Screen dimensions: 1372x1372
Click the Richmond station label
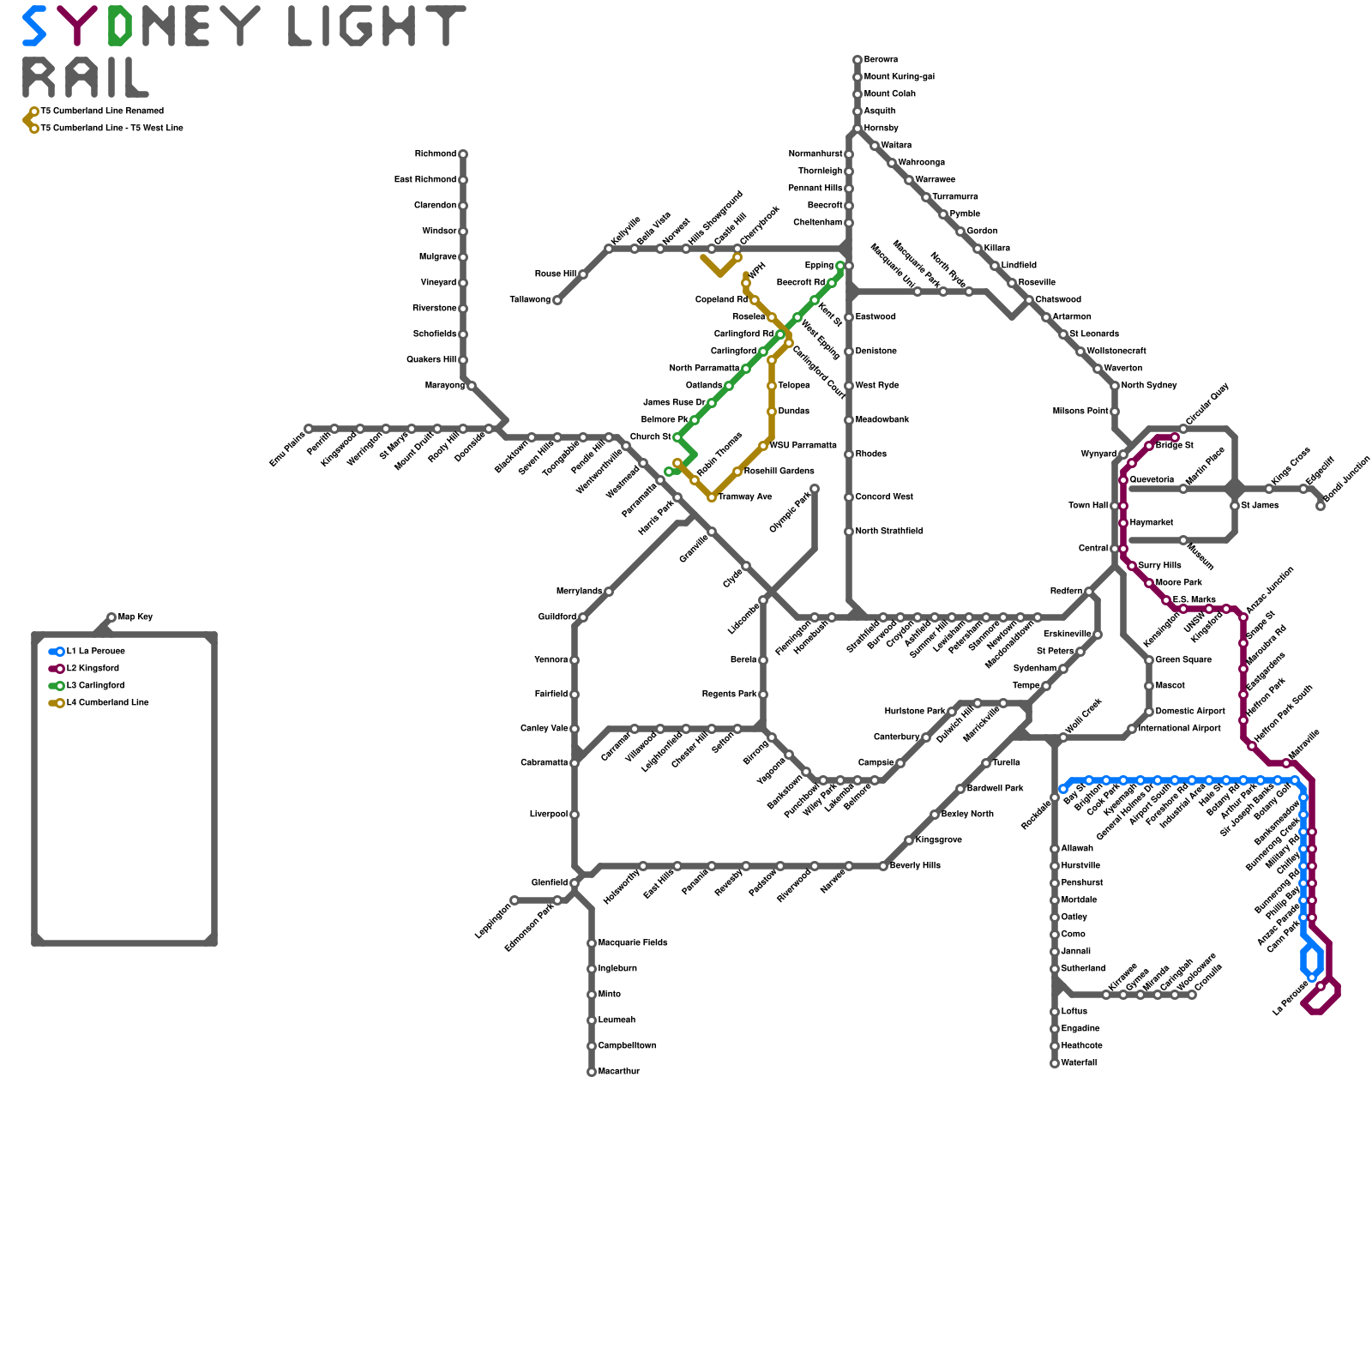coord(435,154)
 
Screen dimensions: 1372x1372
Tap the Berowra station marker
coord(857,60)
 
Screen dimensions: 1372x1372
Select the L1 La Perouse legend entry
coord(95,652)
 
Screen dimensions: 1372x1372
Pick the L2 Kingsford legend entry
coord(93,669)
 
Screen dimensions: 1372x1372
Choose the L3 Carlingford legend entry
coord(95,686)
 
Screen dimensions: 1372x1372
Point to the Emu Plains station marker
coord(309,429)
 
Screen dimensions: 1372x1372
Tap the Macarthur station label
coord(618,1072)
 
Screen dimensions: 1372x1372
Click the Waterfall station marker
coord(1055,1063)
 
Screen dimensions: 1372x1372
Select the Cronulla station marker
coord(1192,995)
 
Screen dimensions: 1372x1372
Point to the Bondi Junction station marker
coord(1321,506)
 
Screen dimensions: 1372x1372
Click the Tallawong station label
coord(530,300)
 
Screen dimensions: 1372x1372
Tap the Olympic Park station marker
coord(815,489)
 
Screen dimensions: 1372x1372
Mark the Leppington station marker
coord(514,900)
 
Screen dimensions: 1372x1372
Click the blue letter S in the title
coord(34,26)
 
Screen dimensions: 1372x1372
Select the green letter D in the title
coord(119,26)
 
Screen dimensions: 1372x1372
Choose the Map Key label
coord(135,617)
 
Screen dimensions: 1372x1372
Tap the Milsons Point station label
coord(1080,412)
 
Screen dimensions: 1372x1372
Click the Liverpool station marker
coord(575,815)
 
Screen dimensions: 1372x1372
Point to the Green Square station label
coord(1183,660)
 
